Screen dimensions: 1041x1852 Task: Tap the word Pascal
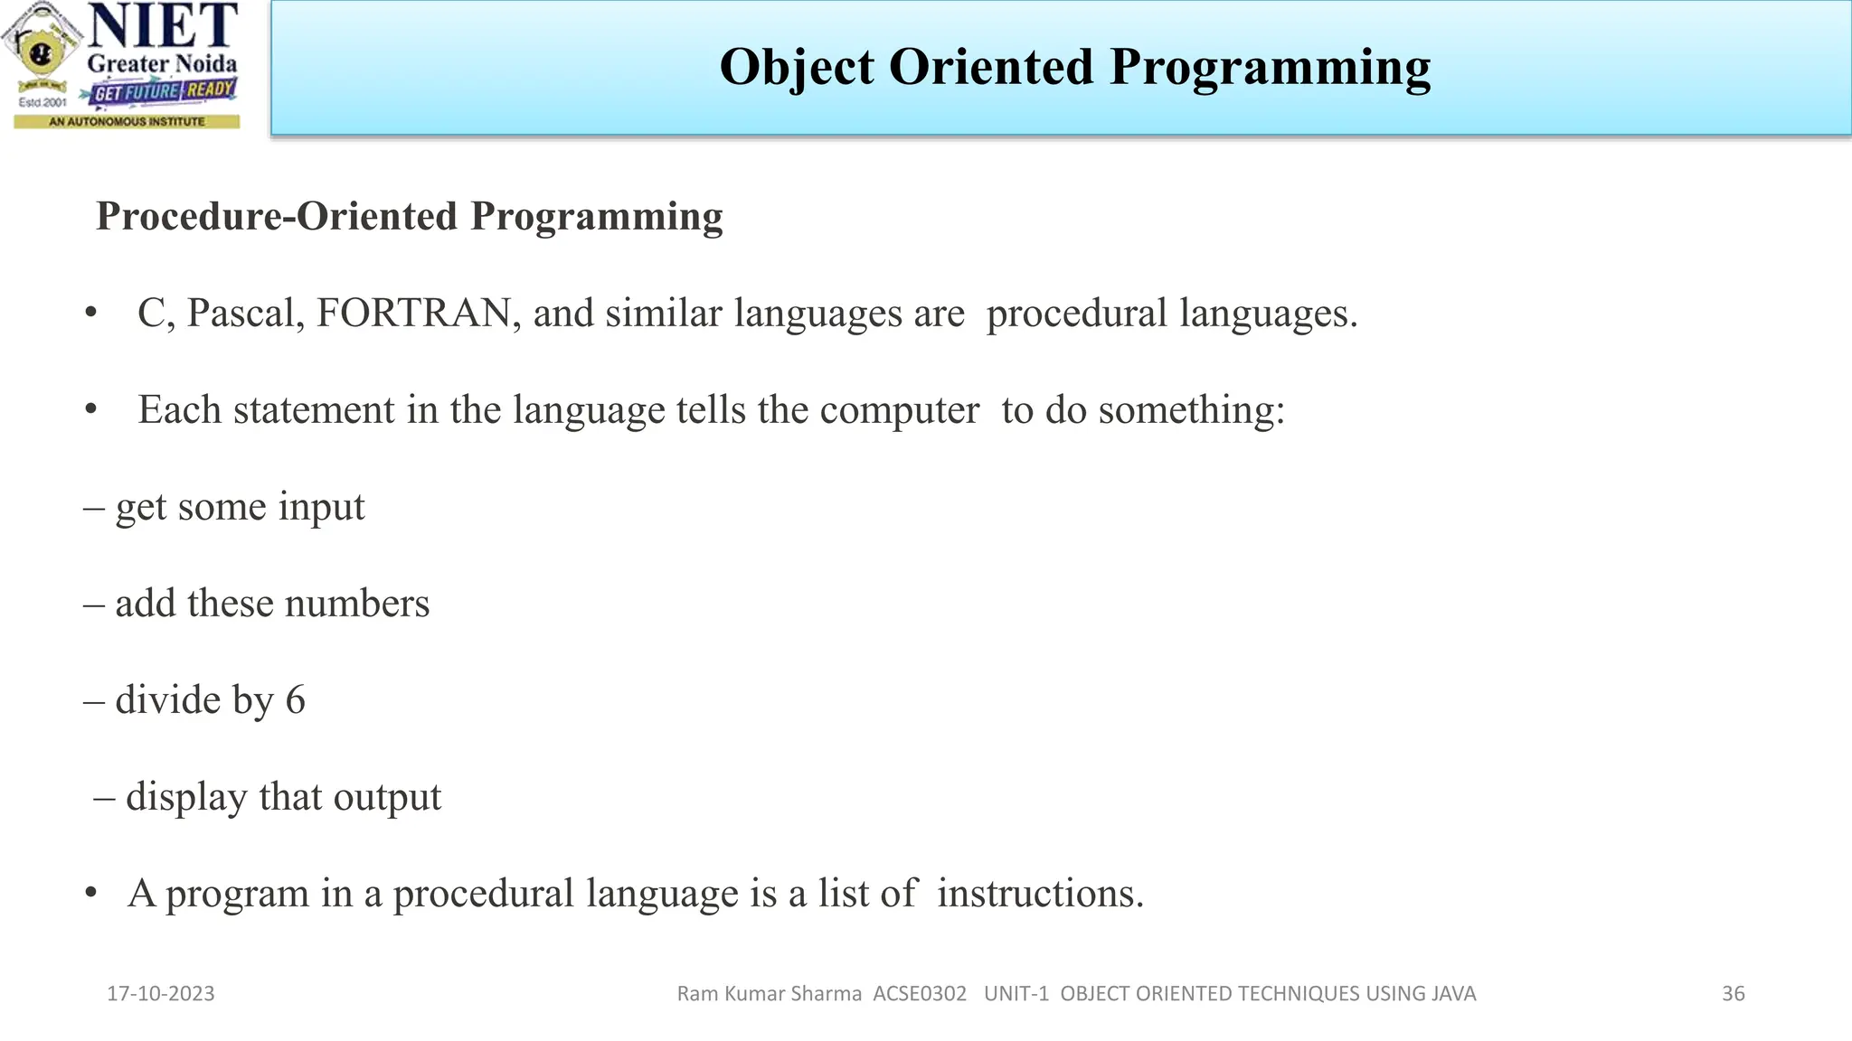pos(245,314)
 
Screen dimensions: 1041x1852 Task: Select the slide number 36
pos(1733,994)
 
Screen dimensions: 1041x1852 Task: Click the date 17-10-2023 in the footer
pos(161,994)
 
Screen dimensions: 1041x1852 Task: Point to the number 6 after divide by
pos(296,700)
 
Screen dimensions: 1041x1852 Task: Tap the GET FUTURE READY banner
pos(163,91)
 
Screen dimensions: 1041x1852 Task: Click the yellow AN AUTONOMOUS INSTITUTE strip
pos(127,121)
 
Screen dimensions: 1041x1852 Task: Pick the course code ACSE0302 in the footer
pos(920,994)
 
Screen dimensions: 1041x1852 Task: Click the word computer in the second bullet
pos(899,411)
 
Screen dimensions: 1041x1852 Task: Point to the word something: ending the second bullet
pos(1191,411)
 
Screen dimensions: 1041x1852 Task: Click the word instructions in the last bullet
pos(1040,894)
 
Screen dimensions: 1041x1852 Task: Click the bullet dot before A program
pos(90,894)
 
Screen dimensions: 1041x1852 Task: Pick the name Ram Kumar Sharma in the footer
pos(769,994)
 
